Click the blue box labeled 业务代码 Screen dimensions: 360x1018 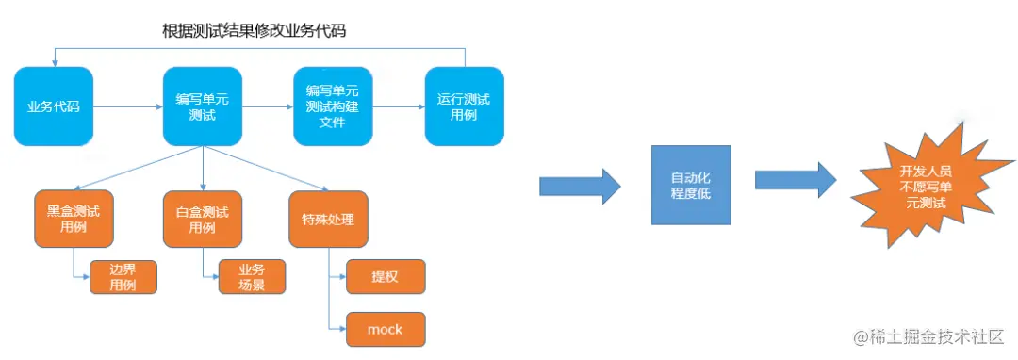53,106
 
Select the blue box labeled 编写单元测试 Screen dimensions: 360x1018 203,106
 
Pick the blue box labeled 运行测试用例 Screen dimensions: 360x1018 463,106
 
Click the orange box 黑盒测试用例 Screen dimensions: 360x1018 74,219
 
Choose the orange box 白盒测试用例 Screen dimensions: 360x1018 203,219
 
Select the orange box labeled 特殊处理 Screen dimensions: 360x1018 327,219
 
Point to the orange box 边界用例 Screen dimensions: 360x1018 123,277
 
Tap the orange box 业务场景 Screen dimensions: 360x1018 252,277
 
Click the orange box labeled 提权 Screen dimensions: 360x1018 386,276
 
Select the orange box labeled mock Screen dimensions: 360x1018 386,329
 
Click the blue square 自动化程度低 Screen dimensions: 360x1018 691,185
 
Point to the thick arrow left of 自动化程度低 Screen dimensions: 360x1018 579,184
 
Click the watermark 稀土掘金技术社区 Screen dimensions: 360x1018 928,336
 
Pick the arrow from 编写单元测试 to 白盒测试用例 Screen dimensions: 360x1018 203,169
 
